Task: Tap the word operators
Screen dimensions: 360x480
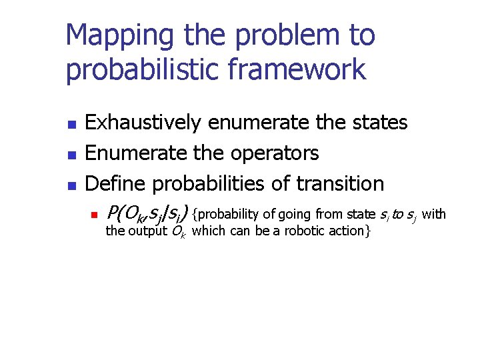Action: point(275,154)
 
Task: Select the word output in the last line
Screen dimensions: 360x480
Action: point(147,232)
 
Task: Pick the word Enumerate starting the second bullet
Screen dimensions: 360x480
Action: point(127,153)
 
